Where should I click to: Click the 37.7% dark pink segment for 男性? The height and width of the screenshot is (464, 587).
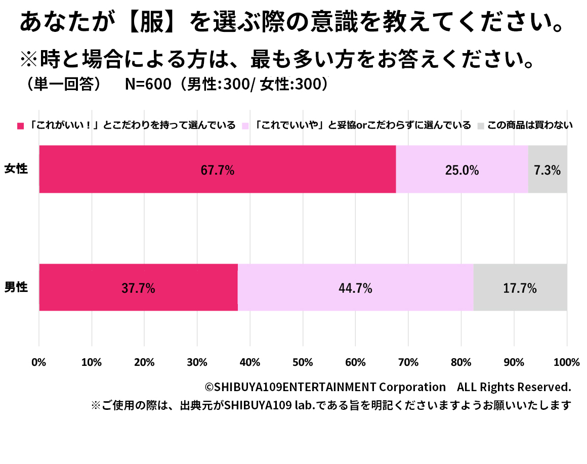tap(138, 288)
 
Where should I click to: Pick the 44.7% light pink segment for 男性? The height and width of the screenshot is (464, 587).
tap(355, 288)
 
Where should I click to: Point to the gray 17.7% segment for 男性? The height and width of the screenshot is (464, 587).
tap(520, 288)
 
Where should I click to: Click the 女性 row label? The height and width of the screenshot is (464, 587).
tap(16, 169)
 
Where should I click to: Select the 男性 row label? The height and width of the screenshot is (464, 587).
tap(16, 287)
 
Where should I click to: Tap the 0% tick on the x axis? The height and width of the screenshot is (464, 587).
tap(39, 362)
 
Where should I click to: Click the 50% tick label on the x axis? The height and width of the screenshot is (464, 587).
tap(303, 362)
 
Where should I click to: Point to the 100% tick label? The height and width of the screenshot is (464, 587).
tap(566, 362)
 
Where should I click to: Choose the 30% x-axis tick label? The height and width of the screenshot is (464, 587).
tap(197, 362)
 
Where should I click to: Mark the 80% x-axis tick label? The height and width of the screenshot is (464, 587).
tap(461, 362)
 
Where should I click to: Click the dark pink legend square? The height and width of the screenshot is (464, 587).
tap(21, 125)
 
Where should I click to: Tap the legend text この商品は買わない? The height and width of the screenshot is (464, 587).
tap(530, 125)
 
